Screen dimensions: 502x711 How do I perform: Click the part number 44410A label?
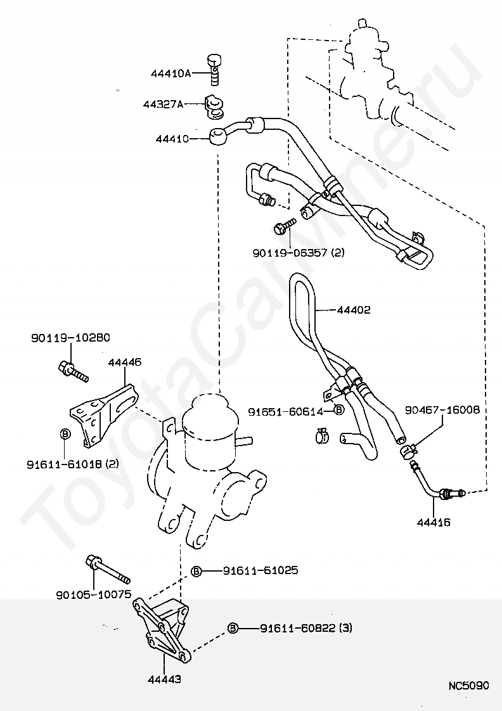tap(171, 73)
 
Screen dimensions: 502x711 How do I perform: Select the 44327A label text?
tap(164, 105)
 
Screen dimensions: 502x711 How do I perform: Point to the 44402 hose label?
tap(353, 310)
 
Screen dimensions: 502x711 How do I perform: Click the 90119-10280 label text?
tap(70, 338)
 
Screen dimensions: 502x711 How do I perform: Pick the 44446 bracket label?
tap(125, 362)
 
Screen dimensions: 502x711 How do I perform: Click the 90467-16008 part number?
tap(442, 410)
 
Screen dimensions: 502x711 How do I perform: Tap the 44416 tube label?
tap(434, 522)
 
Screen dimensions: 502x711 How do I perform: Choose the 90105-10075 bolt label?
tap(94, 594)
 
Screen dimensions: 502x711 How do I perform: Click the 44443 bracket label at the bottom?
tap(164, 679)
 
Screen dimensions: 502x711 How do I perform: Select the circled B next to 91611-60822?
tap(233, 628)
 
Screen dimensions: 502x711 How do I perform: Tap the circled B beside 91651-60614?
tap(339, 410)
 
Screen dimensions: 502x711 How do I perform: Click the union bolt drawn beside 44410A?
tap(214, 68)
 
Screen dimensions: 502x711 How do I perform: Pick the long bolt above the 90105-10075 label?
tap(108, 568)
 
